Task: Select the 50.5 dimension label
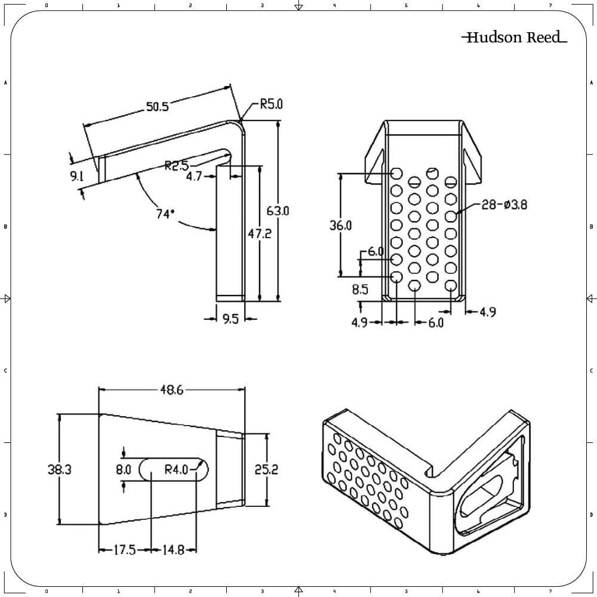(x=158, y=107)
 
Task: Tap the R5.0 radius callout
(x=271, y=104)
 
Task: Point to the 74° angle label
(x=165, y=214)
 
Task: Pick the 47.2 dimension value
(x=260, y=234)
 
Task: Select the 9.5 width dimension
(x=230, y=319)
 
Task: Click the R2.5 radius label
(x=176, y=165)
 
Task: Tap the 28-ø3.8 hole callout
(x=504, y=205)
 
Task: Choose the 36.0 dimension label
(x=340, y=225)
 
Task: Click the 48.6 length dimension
(x=171, y=390)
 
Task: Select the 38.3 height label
(x=60, y=470)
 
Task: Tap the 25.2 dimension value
(x=266, y=470)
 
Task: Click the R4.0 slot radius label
(x=177, y=470)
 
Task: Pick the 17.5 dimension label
(x=124, y=550)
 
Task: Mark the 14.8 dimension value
(x=173, y=550)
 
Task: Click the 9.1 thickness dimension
(x=76, y=176)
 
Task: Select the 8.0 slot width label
(x=124, y=470)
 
